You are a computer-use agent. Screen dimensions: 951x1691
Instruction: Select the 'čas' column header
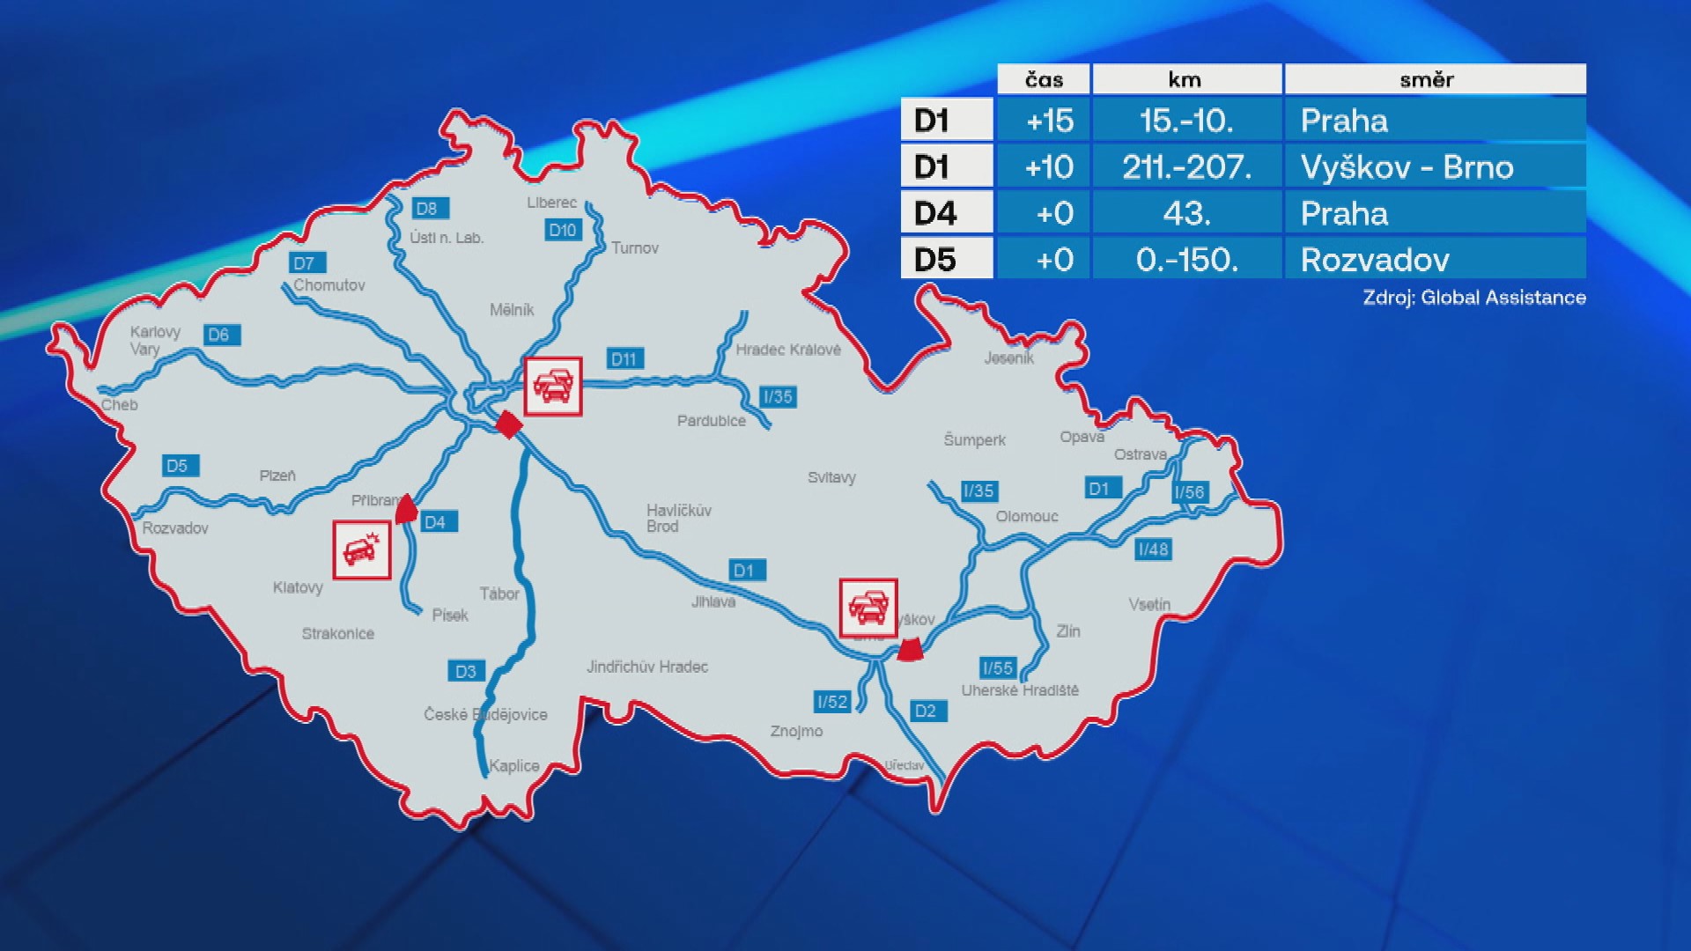click(x=1044, y=79)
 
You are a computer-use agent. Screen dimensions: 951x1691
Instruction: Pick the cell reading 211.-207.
click(x=1186, y=167)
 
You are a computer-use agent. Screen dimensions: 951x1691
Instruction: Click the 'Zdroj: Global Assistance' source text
click(x=1473, y=298)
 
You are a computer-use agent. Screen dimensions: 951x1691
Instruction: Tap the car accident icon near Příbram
click(x=362, y=549)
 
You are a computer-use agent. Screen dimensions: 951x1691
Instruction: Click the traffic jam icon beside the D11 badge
click(x=553, y=386)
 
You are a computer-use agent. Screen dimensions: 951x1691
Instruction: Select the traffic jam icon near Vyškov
click(x=868, y=607)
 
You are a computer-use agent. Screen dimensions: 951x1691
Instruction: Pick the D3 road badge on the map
click(x=465, y=671)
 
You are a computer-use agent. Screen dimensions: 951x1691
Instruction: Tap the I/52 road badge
click(x=832, y=702)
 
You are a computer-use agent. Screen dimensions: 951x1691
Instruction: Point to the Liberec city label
click(x=552, y=203)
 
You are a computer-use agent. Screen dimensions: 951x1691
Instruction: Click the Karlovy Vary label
click(x=154, y=340)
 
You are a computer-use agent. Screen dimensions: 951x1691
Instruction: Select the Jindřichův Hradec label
click(x=647, y=667)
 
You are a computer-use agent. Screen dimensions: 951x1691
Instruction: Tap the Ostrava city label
click(x=1140, y=454)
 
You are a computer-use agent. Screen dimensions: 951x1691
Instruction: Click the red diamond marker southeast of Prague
click(x=509, y=424)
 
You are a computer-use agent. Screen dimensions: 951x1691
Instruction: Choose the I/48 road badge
click(x=1153, y=549)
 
